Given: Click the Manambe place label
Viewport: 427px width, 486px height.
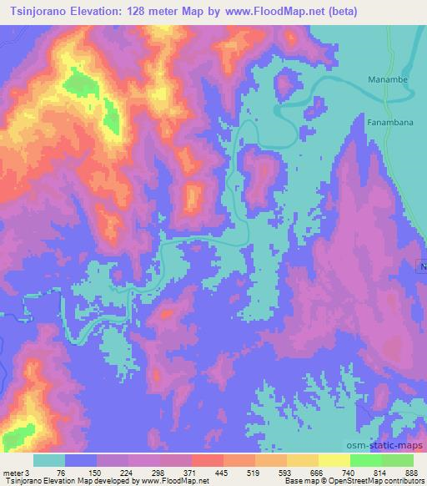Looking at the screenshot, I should coord(386,80).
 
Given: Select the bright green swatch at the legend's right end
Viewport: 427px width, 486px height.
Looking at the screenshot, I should coord(398,460).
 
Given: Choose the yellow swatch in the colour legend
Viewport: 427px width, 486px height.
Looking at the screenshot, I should coord(334,460).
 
